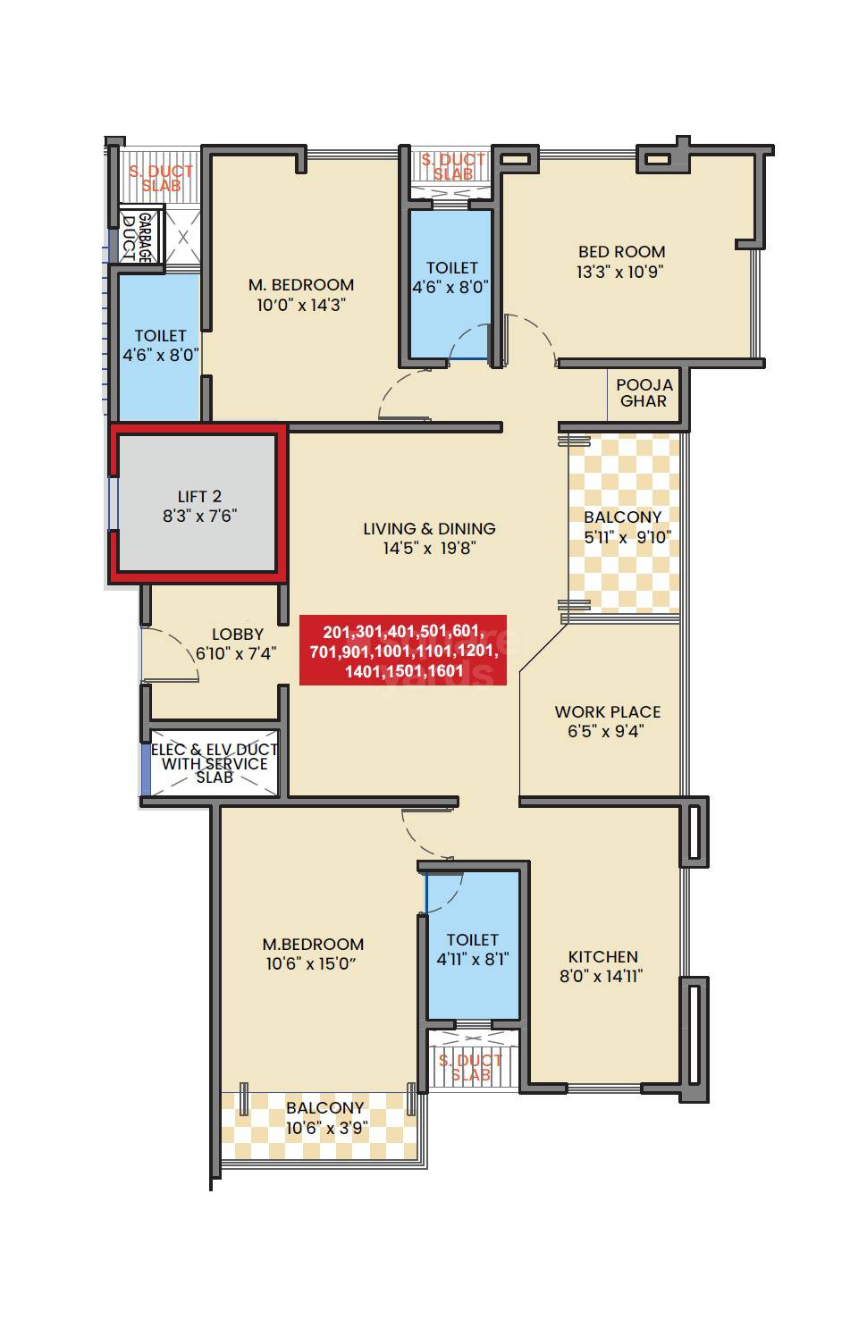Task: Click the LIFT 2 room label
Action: (199, 497)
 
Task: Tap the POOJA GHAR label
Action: (644, 392)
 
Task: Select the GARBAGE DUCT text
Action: (141, 237)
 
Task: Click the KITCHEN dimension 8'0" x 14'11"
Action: (602, 977)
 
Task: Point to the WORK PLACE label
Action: (608, 712)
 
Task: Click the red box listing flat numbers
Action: (402, 650)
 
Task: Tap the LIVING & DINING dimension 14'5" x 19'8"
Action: (429, 548)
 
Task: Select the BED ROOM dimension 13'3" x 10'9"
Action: (620, 272)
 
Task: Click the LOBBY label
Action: (237, 635)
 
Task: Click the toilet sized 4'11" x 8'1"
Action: (472, 949)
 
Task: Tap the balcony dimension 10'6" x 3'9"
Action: (324, 1128)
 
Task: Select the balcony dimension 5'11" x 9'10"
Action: (627, 537)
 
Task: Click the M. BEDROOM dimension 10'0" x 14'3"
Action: (300, 305)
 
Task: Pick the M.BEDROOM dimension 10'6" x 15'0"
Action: (313, 964)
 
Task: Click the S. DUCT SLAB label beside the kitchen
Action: (470, 1067)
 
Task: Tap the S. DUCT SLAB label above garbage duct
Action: (161, 178)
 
